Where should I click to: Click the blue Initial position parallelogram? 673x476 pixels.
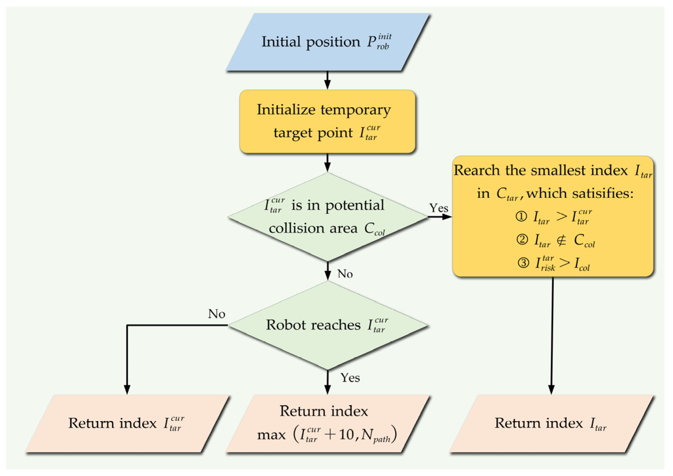pos(327,42)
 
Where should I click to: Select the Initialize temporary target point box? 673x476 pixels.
pos(327,121)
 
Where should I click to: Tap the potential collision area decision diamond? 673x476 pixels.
pos(327,217)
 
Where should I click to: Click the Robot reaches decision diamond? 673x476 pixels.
pos(327,325)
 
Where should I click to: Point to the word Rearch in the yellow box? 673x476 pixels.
pos(476,171)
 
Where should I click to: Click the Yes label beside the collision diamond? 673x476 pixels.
pos(439,208)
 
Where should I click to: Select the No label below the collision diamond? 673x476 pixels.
pos(345,274)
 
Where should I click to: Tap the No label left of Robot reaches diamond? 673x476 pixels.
pos(217,314)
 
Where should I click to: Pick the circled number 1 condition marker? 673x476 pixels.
pos(521,217)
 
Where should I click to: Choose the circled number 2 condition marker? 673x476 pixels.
pos(522,240)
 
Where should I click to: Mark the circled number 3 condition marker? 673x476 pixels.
pos(523,263)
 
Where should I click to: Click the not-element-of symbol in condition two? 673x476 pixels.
pos(561,240)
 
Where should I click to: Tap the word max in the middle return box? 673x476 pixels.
pos(271,435)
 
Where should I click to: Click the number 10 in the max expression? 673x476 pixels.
pos(346,435)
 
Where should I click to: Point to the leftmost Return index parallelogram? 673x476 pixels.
pos(127,424)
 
